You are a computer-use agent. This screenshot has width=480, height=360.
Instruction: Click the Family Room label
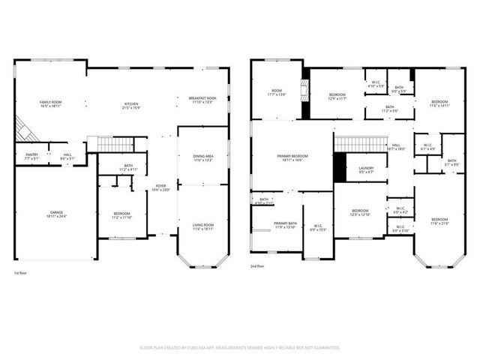(51, 102)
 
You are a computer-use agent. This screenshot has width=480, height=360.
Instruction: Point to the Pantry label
(31, 154)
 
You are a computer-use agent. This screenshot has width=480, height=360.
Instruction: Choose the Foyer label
(160, 186)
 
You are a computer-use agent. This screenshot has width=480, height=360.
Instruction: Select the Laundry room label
(366, 168)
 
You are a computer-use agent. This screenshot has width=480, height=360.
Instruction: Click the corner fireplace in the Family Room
(27, 131)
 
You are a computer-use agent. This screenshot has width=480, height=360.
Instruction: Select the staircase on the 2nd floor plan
(354, 142)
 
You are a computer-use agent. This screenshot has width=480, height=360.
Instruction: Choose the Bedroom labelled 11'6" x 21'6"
(439, 220)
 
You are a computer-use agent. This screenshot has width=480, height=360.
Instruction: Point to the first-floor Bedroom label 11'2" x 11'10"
(121, 214)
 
